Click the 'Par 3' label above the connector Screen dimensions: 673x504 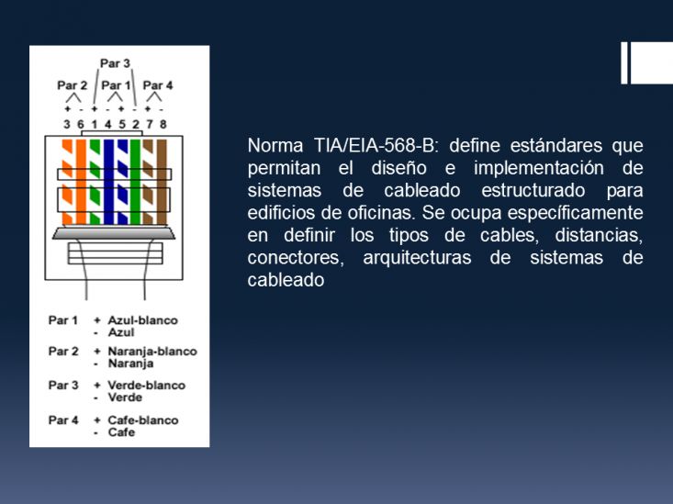coord(115,63)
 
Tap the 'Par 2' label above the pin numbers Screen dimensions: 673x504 coord(73,85)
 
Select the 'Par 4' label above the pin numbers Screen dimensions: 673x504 coord(158,85)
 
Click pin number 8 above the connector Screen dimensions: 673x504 coord(163,125)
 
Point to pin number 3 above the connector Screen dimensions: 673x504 coord(66,125)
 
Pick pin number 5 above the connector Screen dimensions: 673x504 coord(122,125)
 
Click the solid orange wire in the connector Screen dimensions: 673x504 coord(81,182)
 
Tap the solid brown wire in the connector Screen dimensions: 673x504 coord(162,182)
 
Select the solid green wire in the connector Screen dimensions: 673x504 coord(135,182)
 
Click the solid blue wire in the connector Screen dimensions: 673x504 coord(108,182)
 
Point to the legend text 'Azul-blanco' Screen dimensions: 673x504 coord(142,320)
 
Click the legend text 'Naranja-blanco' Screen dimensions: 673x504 coord(152,352)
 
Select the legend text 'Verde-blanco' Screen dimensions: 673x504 coord(146,385)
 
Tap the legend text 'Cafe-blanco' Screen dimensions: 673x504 coord(143,420)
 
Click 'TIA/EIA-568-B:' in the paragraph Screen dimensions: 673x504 coord(376,146)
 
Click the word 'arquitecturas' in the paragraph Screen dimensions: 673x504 coord(417,259)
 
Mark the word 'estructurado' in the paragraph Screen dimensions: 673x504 coord(533,190)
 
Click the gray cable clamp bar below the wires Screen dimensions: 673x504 coord(114,233)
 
